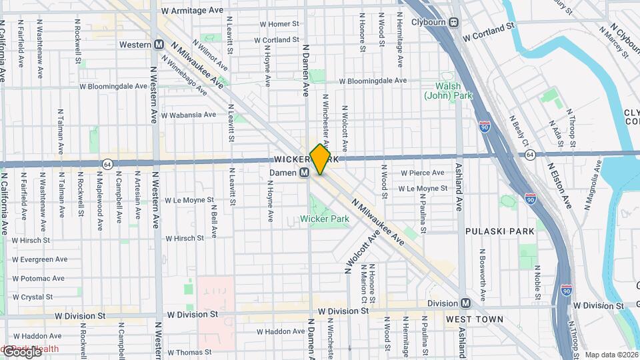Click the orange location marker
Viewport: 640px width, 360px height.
click(x=320, y=159)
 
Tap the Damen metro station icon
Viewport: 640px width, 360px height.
click(x=304, y=173)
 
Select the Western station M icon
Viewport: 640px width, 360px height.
click(x=159, y=45)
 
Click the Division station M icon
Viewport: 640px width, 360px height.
click(x=465, y=303)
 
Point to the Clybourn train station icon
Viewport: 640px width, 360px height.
click(x=454, y=22)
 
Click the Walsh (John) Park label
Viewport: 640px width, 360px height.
click(x=448, y=91)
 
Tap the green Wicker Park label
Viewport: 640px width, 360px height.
click(x=325, y=219)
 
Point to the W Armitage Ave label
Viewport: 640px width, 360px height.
click(x=192, y=11)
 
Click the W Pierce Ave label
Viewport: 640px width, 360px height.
click(x=422, y=173)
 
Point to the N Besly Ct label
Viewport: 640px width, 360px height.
click(x=519, y=133)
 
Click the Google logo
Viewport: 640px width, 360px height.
click(x=21, y=352)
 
